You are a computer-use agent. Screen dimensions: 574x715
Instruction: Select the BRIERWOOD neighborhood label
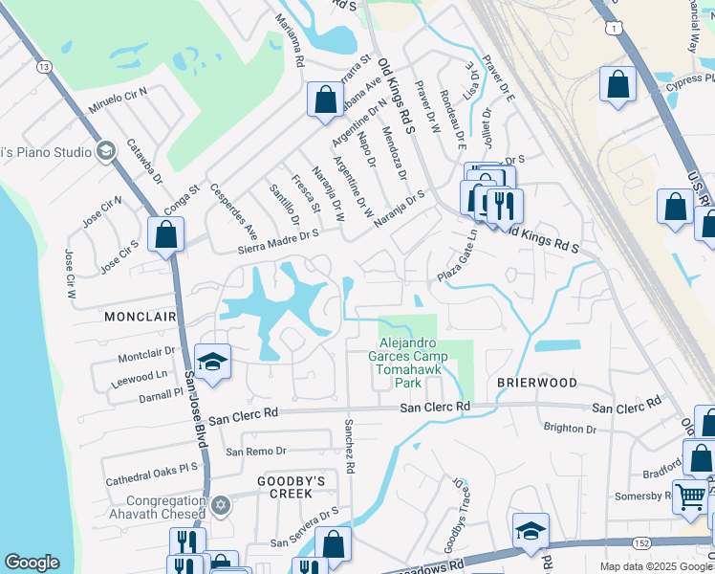click(536, 382)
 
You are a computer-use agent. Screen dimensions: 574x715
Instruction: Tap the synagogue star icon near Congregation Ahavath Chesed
click(221, 504)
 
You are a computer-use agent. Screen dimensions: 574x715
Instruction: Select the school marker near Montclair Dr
click(213, 362)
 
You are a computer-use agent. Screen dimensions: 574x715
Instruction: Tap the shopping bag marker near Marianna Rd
click(325, 99)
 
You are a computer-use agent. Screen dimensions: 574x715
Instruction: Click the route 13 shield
click(44, 66)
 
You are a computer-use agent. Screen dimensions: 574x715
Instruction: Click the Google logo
click(32, 563)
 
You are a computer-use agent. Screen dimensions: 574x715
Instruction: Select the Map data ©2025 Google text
click(656, 566)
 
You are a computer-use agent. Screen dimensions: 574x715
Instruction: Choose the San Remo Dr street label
click(255, 451)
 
